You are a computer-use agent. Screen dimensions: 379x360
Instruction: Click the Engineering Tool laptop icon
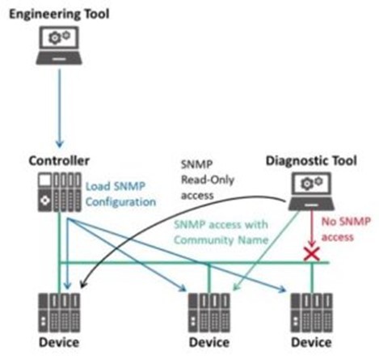(59, 45)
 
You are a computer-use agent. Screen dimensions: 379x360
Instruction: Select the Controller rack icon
(59, 192)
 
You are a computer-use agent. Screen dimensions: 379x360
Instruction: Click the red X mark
(312, 254)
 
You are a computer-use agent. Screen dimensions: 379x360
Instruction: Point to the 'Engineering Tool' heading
(59, 14)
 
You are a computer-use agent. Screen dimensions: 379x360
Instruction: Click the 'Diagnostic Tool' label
(311, 161)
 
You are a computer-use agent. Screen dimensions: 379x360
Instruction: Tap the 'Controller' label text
(59, 161)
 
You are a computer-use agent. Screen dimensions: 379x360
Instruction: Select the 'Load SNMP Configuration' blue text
(120, 194)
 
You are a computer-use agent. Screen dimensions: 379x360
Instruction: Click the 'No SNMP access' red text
(346, 229)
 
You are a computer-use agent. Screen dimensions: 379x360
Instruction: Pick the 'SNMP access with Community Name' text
(221, 232)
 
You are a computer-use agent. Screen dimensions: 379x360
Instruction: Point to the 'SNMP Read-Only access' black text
(208, 180)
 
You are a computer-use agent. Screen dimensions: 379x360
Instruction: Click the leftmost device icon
(59, 313)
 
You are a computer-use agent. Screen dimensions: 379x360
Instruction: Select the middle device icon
(209, 313)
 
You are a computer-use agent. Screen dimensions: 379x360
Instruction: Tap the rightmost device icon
(311, 313)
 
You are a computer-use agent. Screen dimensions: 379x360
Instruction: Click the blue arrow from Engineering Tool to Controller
(60, 108)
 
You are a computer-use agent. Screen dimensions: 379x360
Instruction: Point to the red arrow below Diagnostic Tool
(312, 229)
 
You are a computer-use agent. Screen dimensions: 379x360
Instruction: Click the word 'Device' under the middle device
(209, 342)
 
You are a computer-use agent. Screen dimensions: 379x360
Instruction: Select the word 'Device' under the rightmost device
(311, 342)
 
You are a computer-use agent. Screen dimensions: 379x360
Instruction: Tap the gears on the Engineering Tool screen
(59, 37)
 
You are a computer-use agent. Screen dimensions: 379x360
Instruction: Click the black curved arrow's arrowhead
(83, 284)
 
